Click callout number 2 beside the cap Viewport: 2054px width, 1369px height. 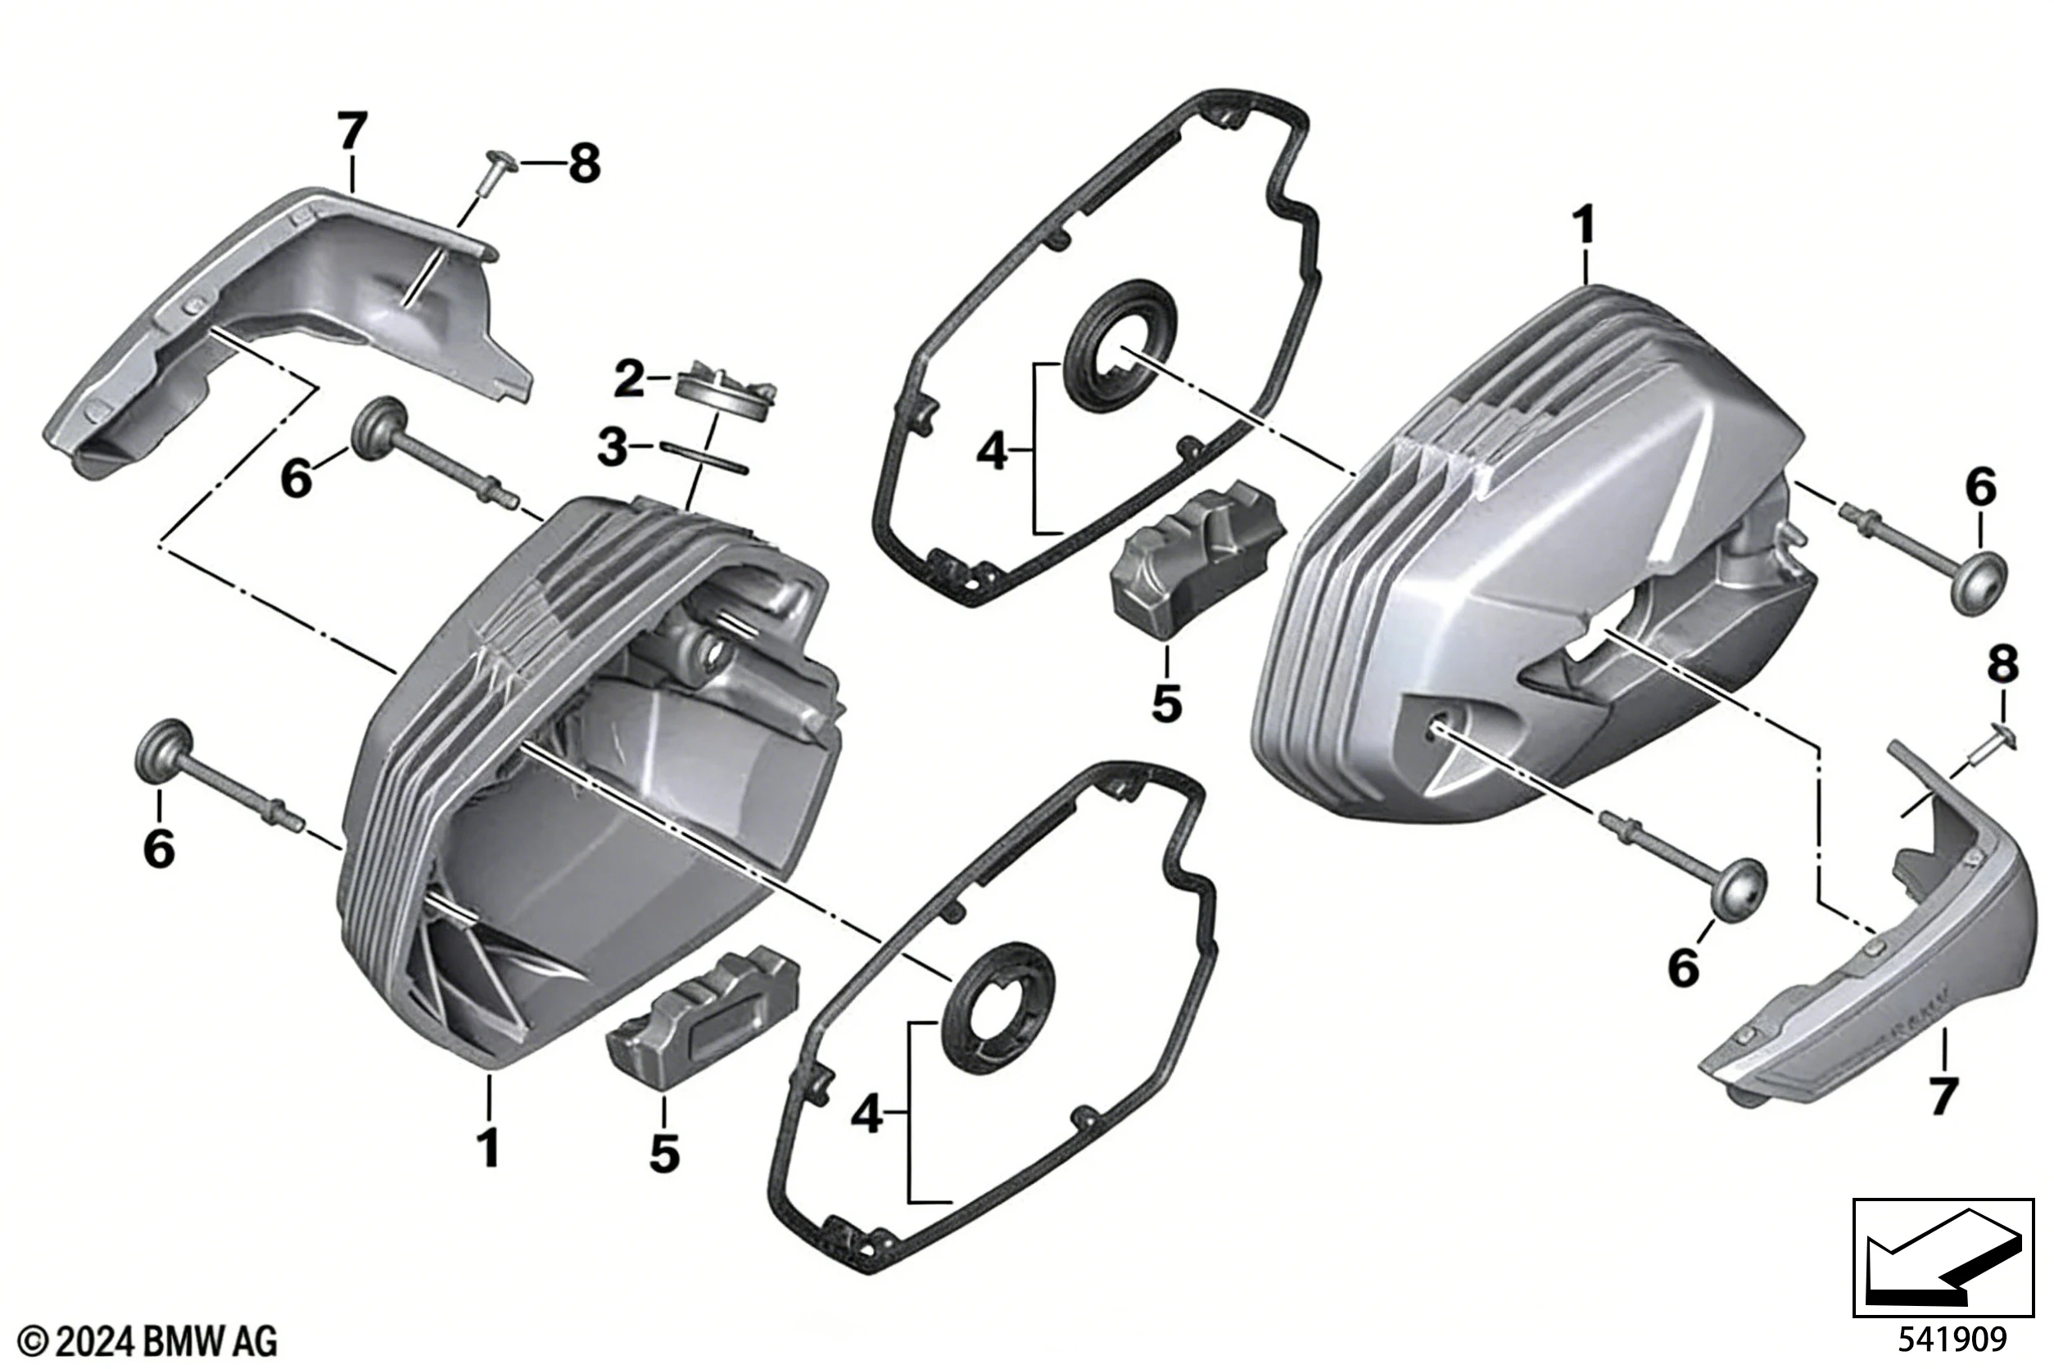pos(629,380)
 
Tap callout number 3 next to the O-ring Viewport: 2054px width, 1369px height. pos(612,448)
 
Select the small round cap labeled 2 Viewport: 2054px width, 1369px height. pos(726,391)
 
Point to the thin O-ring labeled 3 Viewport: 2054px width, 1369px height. pos(704,458)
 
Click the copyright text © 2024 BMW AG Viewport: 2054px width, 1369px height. pos(147,1340)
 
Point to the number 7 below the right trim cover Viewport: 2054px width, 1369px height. pos(1943,1096)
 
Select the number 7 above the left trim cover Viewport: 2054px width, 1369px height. pos(352,132)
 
